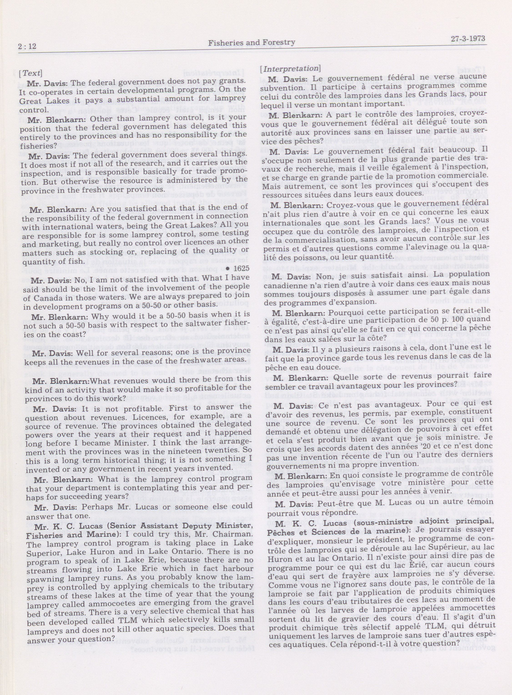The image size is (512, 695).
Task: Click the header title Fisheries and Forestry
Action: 251,43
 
